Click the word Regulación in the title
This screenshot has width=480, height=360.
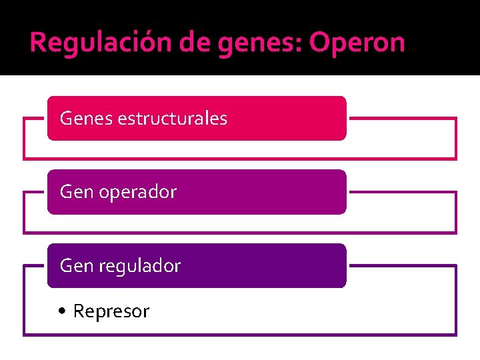coord(100,42)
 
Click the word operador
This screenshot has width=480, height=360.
coord(137,192)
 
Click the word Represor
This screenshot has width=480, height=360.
coord(111,311)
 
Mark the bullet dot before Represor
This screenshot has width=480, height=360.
coord(62,311)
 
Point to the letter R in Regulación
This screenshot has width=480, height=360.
coord(38,42)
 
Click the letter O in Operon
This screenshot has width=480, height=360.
coord(320,42)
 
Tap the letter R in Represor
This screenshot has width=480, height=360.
coord(79,311)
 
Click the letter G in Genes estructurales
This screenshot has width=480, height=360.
coord(66,119)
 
